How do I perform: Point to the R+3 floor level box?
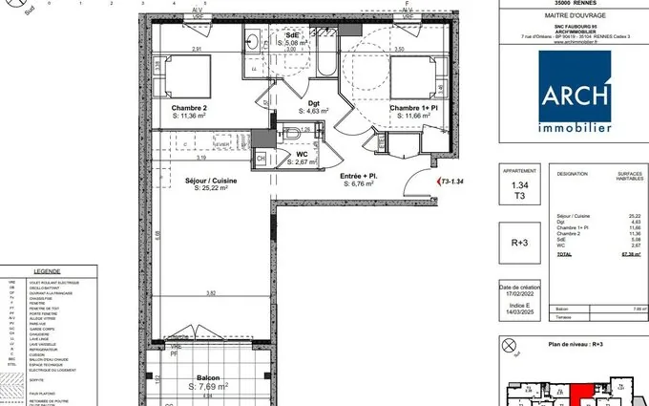[x=519, y=243]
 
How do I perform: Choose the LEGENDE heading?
[x=47, y=271]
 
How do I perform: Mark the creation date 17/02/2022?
[x=519, y=296]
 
